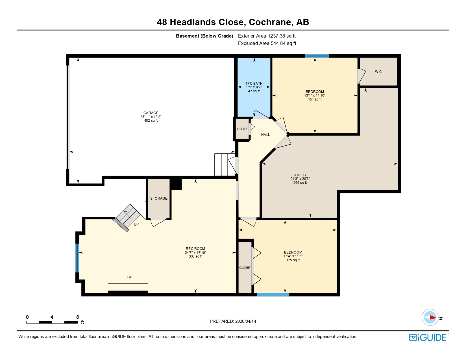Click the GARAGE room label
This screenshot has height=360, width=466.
click(x=151, y=113)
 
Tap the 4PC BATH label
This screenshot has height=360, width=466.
click(x=254, y=84)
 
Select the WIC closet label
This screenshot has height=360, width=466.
click(x=378, y=72)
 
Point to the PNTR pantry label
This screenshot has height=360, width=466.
click(x=242, y=129)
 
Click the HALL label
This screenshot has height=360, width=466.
click(x=265, y=135)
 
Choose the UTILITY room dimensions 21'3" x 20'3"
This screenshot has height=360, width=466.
click(x=300, y=179)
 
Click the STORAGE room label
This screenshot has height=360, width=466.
click(x=159, y=198)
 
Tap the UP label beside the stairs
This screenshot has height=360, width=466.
click(x=136, y=224)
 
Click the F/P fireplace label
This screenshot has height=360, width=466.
click(x=129, y=277)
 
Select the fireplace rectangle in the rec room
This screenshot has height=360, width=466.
click(x=128, y=287)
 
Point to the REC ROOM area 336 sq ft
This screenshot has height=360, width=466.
click(x=195, y=256)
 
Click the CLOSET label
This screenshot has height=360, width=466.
click(x=245, y=268)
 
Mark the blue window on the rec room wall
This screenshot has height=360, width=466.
click(x=77, y=258)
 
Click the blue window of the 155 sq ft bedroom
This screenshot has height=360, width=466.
click(x=273, y=294)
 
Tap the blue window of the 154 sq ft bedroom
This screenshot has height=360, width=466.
click(x=317, y=56)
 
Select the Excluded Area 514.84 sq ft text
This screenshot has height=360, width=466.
click(x=267, y=43)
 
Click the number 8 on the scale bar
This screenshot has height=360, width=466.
click(x=78, y=317)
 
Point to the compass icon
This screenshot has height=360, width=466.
click(x=430, y=317)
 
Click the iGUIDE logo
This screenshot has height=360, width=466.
click(x=428, y=337)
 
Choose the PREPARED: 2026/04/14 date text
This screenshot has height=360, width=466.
click(x=233, y=321)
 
